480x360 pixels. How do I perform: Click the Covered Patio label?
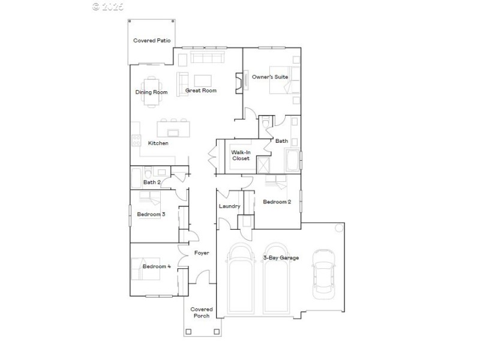[152, 40]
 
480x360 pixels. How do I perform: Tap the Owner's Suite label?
[270, 77]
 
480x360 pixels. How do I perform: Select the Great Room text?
[201, 91]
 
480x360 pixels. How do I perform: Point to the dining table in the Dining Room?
[152, 92]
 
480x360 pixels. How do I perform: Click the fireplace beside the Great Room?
[239, 83]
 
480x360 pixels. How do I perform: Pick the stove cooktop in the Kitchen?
[136, 140]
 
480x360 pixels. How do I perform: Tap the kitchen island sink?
[173, 133]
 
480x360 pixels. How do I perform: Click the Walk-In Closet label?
[241, 155]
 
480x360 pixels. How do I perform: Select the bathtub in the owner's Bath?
[292, 160]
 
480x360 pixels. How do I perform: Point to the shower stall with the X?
[263, 165]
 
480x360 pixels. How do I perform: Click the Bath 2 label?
[152, 182]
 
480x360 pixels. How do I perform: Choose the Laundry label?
[230, 206]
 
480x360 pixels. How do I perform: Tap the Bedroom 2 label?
[277, 202]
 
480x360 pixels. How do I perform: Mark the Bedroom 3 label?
[151, 214]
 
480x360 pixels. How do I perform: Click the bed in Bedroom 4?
[146, 269]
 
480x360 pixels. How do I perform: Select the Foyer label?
[202, 253]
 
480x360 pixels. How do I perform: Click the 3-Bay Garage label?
[281, 258]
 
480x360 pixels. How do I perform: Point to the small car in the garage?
[323, 274]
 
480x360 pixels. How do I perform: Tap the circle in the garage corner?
[339, 228]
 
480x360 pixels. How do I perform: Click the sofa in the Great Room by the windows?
[208, 57]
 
